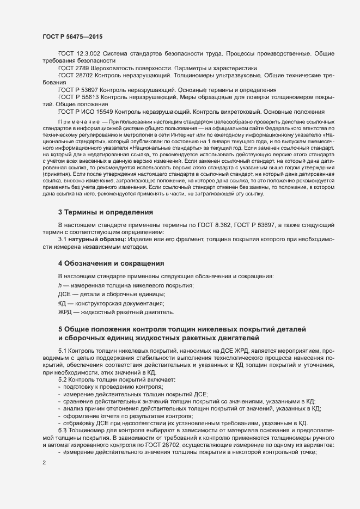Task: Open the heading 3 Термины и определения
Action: (x=106, y=211)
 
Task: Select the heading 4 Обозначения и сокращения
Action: (x=111, y=262)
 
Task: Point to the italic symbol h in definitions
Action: (x=60, y=285)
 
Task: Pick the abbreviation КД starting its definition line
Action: (x=62, y=303)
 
